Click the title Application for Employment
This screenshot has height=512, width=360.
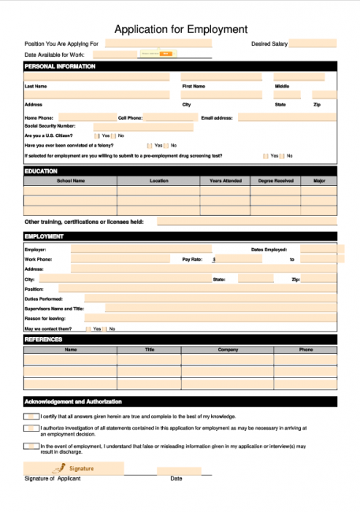(180, 29)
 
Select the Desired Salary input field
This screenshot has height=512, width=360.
(313, 43)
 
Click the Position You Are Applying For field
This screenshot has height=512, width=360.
(158, 43)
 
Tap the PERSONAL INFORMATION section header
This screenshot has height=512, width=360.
(60, 66)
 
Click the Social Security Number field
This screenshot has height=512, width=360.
(143, 126)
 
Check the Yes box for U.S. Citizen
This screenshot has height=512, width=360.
(97, 135)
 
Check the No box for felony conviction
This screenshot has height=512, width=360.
(166, 146)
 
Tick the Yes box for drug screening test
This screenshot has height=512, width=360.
(265, 156)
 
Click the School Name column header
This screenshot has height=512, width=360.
(70, 180)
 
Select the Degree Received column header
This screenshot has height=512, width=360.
(276, 180)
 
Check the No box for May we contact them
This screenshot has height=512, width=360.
(105, 328)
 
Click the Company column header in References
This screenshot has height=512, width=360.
(228, 349)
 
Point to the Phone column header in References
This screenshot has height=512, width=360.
(306, 349)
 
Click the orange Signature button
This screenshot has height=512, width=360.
(74, 469)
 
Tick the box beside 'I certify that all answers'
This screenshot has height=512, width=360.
(31, 416)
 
